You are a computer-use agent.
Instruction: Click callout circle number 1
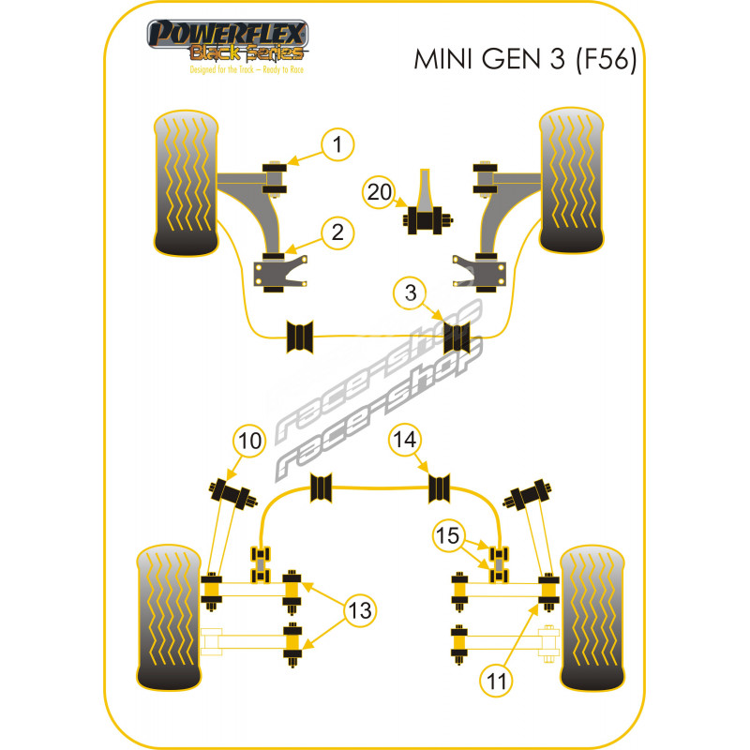tap(338, 144)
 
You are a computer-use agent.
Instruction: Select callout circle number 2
tap(338, 231)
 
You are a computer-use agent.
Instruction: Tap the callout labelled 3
tap(410, 292)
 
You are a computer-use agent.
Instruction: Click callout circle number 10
tap(250, 439)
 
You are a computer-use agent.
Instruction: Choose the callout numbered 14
tap(407, 439)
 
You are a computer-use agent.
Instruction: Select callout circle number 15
tap(448, 536)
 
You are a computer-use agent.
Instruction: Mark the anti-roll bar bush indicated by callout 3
tap(455, 336)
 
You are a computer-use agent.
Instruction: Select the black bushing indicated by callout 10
tap(227, 490)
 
